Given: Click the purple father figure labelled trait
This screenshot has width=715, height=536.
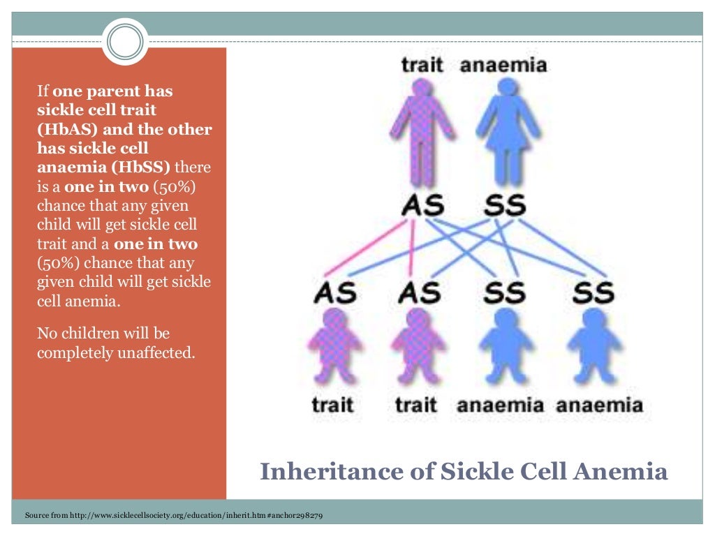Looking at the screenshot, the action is (x=422, y=129).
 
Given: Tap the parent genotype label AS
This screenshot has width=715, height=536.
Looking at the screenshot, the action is (x=422, y=205).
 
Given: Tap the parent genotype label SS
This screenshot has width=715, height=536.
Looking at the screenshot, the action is (x=505, y=205).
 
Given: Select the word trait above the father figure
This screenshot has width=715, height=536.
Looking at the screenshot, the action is (x=422, y=66).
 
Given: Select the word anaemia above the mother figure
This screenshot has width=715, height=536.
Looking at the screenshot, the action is (x=503, y=66).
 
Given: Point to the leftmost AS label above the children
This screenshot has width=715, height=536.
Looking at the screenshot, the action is (x=334, y=292).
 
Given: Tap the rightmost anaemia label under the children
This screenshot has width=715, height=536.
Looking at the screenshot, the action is (x=600, y=405).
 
